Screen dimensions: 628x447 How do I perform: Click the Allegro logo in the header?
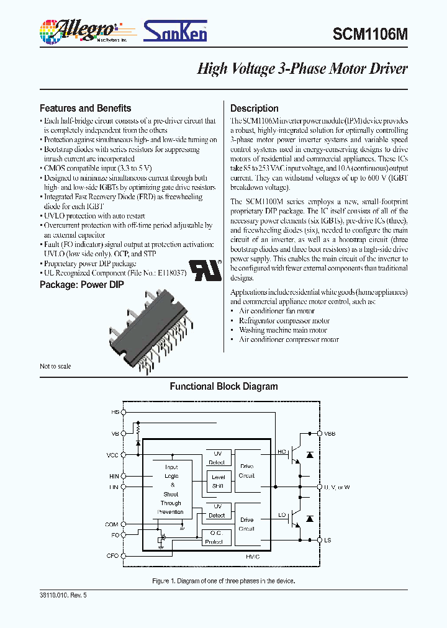tap(78, 30)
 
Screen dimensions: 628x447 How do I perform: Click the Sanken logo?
tap(176, 30)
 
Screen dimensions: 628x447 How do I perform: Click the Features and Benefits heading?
tap(85, 108)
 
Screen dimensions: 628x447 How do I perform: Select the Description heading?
tap(255, 108)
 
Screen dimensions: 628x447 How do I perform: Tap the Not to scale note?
tap(55, 366)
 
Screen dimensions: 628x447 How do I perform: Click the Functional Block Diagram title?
tap(223, 387)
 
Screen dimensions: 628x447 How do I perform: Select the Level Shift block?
tap(218, 482)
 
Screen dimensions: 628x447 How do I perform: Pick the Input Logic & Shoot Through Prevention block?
tap(171, 490)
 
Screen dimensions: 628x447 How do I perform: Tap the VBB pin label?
tap(330, 434)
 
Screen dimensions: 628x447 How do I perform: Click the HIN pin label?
tap(113, 476)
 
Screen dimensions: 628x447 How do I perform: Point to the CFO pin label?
tap(112, 555)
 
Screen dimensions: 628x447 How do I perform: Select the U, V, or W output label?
tap(337, 487)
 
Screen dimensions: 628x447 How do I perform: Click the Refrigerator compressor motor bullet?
tap(284, 321)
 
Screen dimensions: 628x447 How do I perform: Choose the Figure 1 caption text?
tap(223, 581)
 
